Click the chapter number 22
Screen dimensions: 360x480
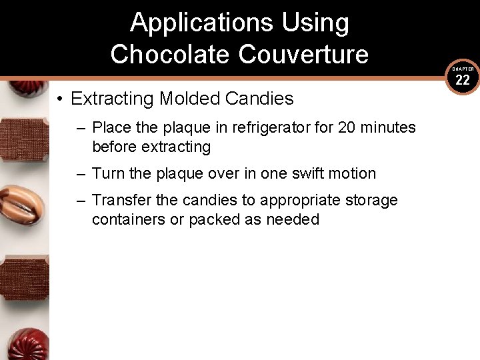pyautogui.click(x=463, y=80)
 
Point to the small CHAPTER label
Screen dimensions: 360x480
pyautogui.click(x=463, y=69)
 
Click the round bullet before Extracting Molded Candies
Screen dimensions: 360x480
pyautogui.click(x=60, y=99)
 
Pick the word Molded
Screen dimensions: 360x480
pyautogui.click(x=189, y=99)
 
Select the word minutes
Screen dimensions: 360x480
pyautogui.click(x=388, y=127)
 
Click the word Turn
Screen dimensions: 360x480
pyautogui.click(x=107, y=173)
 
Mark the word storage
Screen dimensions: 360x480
pyautogui.click(x=373, y=200)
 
